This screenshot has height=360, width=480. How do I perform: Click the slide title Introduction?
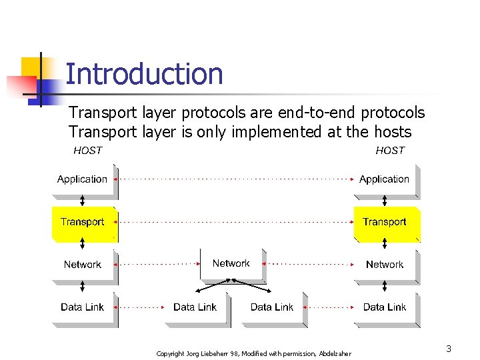[x=144, y=74]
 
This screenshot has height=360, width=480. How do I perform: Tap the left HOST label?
[x=87, y=151]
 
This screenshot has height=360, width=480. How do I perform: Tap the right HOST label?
[x=390, y=151]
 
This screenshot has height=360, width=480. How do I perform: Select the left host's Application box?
[x=83, y=179]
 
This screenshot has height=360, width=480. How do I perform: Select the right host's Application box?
[x=385, y=179]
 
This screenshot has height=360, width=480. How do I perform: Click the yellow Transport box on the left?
[x=83, y=222]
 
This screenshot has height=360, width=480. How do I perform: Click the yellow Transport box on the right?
[x=385, y=222]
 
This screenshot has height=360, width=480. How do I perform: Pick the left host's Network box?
[x=83, y=265]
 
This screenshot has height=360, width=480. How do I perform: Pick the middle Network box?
[x=231, y=264]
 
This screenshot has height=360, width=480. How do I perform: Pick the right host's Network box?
[x=385, y=265]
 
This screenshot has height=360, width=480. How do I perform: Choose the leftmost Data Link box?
[x=83, y=307]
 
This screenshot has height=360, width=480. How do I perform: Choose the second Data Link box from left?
[x=195, y=307]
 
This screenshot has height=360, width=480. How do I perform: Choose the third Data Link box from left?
[x=272, y=307]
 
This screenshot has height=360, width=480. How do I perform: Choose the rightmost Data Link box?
[x=385, y=307]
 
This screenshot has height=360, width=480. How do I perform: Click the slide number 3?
[x=449, y=349]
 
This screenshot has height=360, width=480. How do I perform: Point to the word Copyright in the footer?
[x=171, y=353]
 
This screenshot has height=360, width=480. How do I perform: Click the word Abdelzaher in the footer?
[x=335, y=353]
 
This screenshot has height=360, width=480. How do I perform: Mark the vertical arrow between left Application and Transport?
[x=83, y=201]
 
